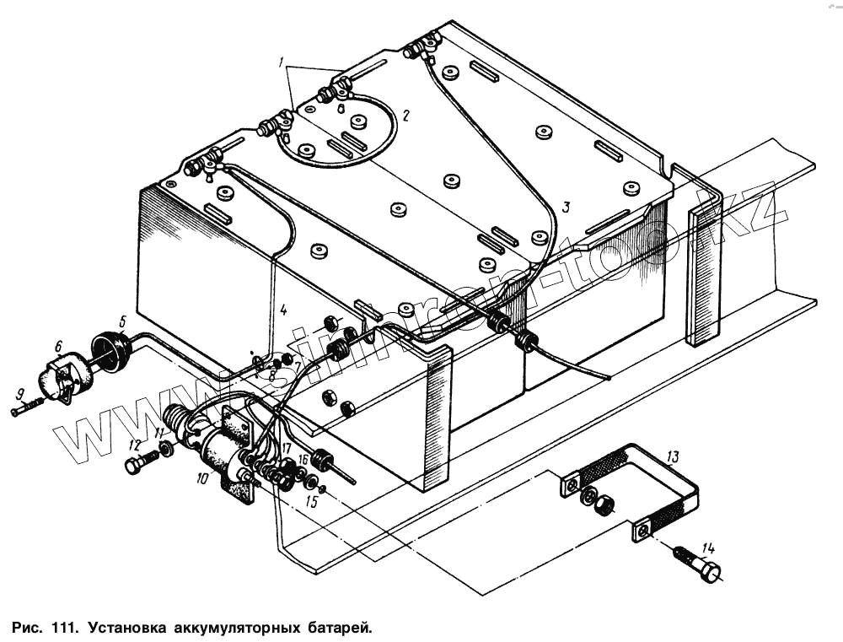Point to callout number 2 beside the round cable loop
click(405, 116)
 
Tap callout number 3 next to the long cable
click(566, 207)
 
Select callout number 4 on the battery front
click(283, 310)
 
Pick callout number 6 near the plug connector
click(58, 346)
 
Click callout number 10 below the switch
click(201, 478)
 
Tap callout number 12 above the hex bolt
click(134, 445)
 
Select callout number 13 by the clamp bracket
click(672, 457)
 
